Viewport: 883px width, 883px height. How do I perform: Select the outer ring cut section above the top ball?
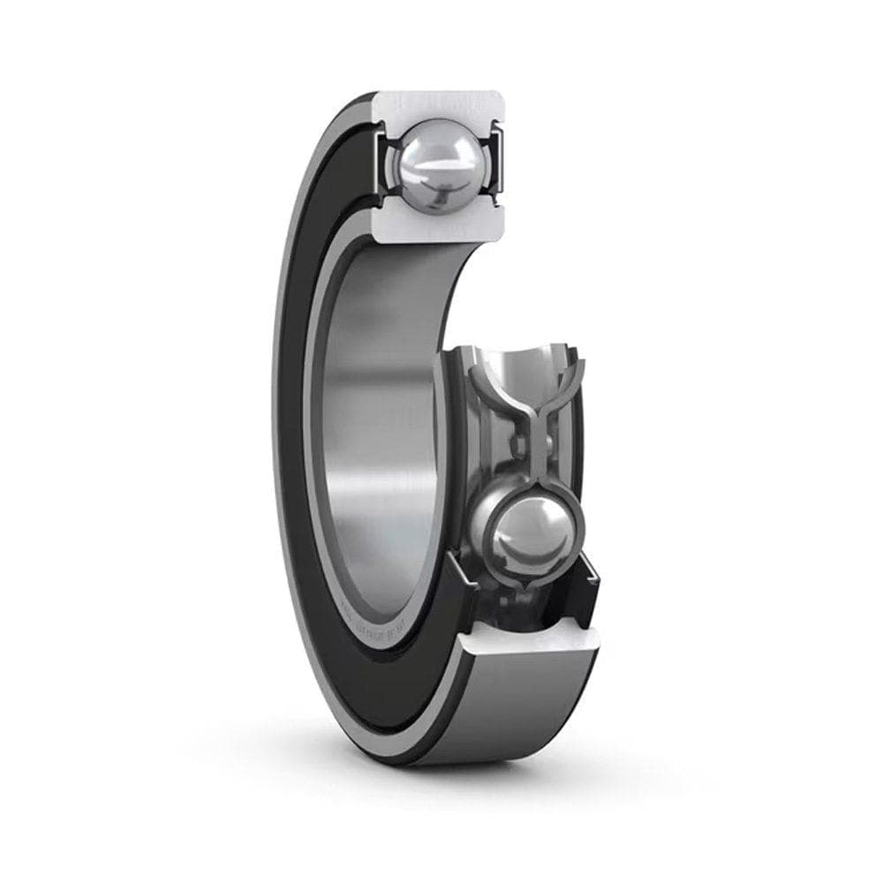(439, 105)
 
